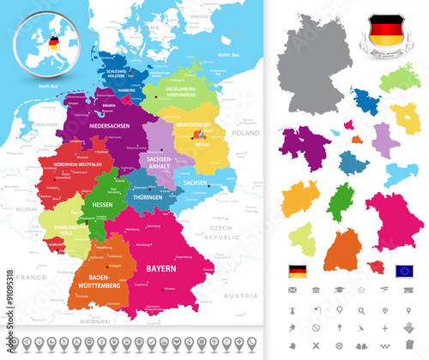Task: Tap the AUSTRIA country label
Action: click(236, 296)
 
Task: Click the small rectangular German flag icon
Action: click(297, 272)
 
